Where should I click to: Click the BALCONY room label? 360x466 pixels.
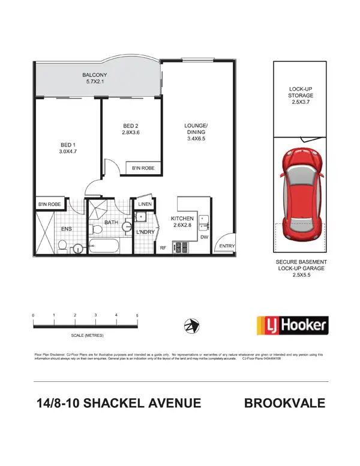click(x=94, y=75)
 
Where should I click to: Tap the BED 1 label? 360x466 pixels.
click(x=67, y=145)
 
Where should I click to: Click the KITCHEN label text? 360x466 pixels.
click(x=182, y=218)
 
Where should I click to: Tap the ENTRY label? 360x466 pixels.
click(x=227, y=246)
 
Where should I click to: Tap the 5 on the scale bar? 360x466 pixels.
click(x=137, y=315)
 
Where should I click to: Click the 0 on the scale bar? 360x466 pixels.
click(x=34, y=315)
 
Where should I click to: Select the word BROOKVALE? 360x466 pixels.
click(x=285, y=403)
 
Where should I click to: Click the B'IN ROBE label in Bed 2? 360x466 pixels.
click(x=143, y=169)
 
